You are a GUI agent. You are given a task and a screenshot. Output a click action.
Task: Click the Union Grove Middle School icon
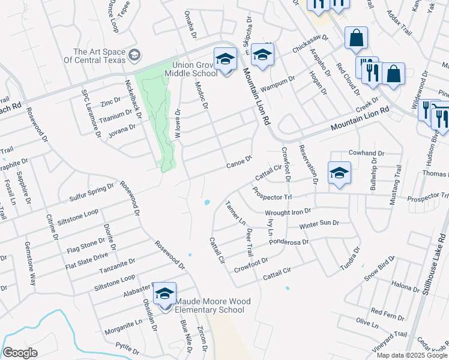pyautogui.click(x=226, y=59)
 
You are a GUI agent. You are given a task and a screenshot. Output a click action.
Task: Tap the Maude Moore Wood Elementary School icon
pyautogui.click(x=164, y=294)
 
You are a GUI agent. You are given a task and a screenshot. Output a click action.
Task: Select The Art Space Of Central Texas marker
pyautogui.click(x=134, y=56)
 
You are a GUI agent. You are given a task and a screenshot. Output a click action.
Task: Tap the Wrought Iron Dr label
pyautogui.click(x=288, y=212)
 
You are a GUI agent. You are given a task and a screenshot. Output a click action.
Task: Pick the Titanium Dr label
pyautogui.click(x=115, y=114)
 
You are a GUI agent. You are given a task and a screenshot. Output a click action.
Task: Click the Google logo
pyautogui.click(x=20, y=353)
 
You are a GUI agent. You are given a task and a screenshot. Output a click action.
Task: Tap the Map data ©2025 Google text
pyautogui.click(x=412, y=355)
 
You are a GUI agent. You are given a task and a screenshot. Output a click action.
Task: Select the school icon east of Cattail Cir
pyautogui.click(x=339, y=173)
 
